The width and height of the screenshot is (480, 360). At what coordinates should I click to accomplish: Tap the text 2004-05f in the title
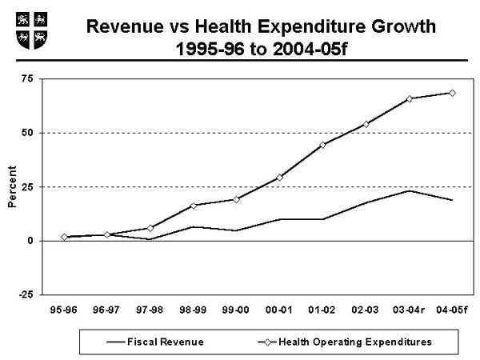(313, 47)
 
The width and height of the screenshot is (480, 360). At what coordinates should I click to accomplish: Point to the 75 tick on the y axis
(28, 78)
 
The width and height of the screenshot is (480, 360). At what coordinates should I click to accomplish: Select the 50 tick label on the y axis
(28, 133)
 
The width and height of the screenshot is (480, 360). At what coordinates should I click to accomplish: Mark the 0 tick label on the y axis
(30, 241)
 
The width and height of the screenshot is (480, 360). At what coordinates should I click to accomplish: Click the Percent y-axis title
(12, 188)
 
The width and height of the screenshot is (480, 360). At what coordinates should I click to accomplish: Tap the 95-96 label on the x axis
(63, 309)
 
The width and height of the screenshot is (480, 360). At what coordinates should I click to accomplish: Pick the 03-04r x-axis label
(409, 309)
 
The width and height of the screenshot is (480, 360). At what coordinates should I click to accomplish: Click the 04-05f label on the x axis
(453, 309)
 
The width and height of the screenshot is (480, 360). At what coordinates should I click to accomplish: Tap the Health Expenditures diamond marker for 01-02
(322, 145)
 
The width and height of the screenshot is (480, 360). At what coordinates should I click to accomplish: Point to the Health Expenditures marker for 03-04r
(409, 98)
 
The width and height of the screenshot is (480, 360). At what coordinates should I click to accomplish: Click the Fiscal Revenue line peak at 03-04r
(409, 190)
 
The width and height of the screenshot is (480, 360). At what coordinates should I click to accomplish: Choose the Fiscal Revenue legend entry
(156, 342)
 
